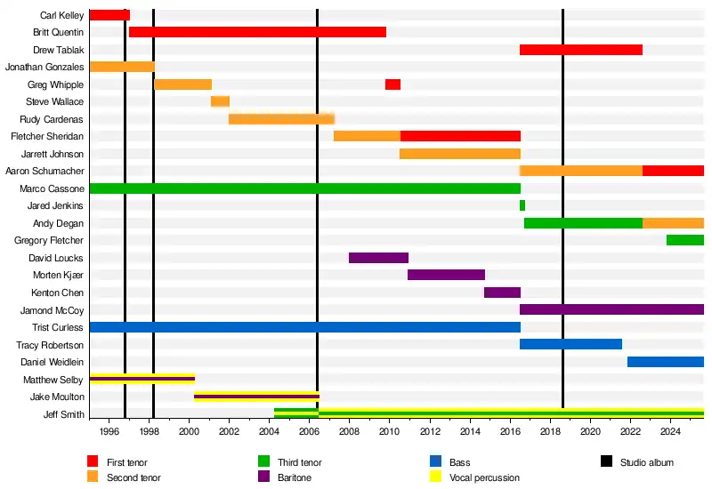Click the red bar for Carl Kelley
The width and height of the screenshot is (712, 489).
pos(109,15)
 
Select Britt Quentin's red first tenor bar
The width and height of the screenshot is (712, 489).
pos(257,32)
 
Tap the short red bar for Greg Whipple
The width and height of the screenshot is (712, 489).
pos(392,84)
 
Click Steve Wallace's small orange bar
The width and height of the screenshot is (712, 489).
pos(220,101)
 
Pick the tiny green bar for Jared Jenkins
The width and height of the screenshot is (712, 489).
pos(522,205)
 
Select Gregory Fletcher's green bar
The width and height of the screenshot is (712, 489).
pos(684,240)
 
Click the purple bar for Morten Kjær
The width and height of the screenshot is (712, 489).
pos(446,275)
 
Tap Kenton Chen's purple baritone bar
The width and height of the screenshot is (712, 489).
pos(502,293)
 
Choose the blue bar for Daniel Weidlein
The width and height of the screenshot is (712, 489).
pos(665,362)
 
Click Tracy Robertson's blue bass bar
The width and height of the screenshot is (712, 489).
pos(570,344)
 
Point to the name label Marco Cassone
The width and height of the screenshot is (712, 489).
pos(52,188)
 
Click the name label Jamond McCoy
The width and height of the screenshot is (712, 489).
pos(52,310)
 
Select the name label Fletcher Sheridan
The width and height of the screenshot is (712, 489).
pos(47,136)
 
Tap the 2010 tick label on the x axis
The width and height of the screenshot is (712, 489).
pos(389,431)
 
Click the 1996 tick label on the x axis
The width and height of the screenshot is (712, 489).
pos(109,431)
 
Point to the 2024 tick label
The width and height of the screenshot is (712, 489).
pos(670,431)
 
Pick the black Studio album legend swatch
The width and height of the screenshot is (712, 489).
pos(607,461)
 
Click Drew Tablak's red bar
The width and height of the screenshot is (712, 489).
pos(580,50)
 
